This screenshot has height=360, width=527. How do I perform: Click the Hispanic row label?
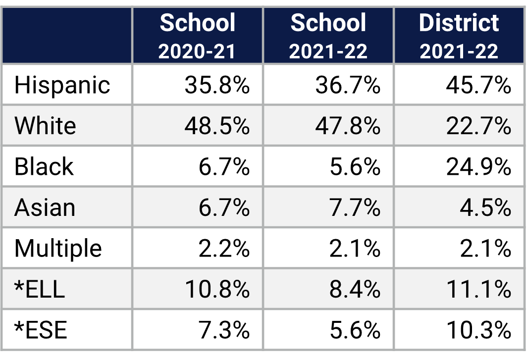click(62, 85)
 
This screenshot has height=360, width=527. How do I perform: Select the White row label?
click(45, 126)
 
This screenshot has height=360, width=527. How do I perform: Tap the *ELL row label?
click(40, 289)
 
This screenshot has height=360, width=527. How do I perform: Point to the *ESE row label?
click(41, 330)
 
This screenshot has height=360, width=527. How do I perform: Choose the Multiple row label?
click(58, 248)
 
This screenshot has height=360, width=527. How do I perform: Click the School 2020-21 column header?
click(197, 36)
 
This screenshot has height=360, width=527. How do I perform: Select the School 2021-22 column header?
click(328, 36)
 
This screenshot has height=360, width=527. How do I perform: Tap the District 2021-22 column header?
click(459, 36)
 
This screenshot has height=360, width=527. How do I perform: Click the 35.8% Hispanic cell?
click(217, 85)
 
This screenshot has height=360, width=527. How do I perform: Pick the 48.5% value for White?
click(217, 126)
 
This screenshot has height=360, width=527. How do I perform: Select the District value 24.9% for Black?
click(478, 167)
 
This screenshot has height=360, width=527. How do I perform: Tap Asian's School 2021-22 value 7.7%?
click(355, 207)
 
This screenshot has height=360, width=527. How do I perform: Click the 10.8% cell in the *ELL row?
click(217, 289)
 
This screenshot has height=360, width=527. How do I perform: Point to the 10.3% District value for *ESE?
click(478, 330)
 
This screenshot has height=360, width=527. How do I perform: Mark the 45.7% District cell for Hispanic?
click(478, 85)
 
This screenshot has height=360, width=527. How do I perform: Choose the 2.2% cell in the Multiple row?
click(224, 248)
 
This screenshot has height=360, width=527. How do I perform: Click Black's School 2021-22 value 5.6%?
click(355, 167)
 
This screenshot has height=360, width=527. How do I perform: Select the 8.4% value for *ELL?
click(355, 289)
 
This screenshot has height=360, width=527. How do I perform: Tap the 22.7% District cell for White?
click(478, 126)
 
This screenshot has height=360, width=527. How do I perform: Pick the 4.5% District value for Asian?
click(485, 207)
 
